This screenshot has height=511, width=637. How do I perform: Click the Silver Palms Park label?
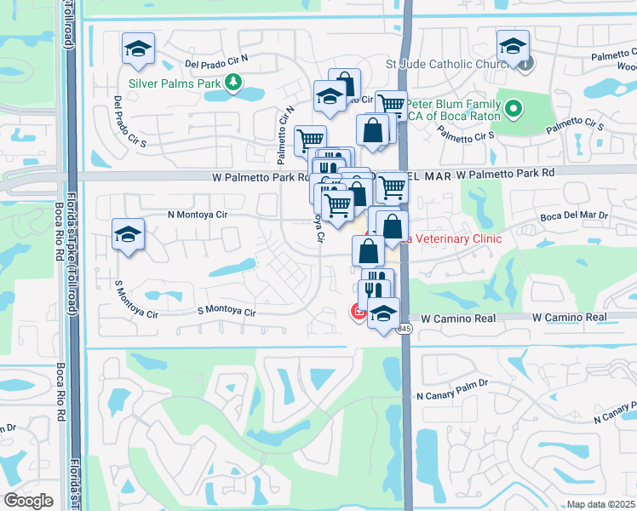[x=174, y=83]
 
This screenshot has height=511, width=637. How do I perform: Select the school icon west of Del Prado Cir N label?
[x=137, y=49]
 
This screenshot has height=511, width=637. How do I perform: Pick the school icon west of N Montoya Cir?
[x=128, y=235]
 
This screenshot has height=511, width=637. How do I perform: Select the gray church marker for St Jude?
[x=526, y=62]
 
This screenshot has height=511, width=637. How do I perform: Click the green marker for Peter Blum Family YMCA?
[x=513, y=108]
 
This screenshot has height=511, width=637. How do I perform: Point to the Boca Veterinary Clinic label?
[x=451, y=239]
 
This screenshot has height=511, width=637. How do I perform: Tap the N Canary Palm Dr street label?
[x=451, y=396]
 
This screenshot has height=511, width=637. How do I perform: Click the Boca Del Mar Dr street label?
[x=574, y=216]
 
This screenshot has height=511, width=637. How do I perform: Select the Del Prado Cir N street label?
[x=215, y=63]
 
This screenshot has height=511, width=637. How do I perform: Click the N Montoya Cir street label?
[x=198, y=215]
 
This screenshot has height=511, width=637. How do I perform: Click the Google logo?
[x=29, y=501]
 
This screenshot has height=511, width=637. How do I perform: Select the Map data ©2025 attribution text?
[x=600, y=504]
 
